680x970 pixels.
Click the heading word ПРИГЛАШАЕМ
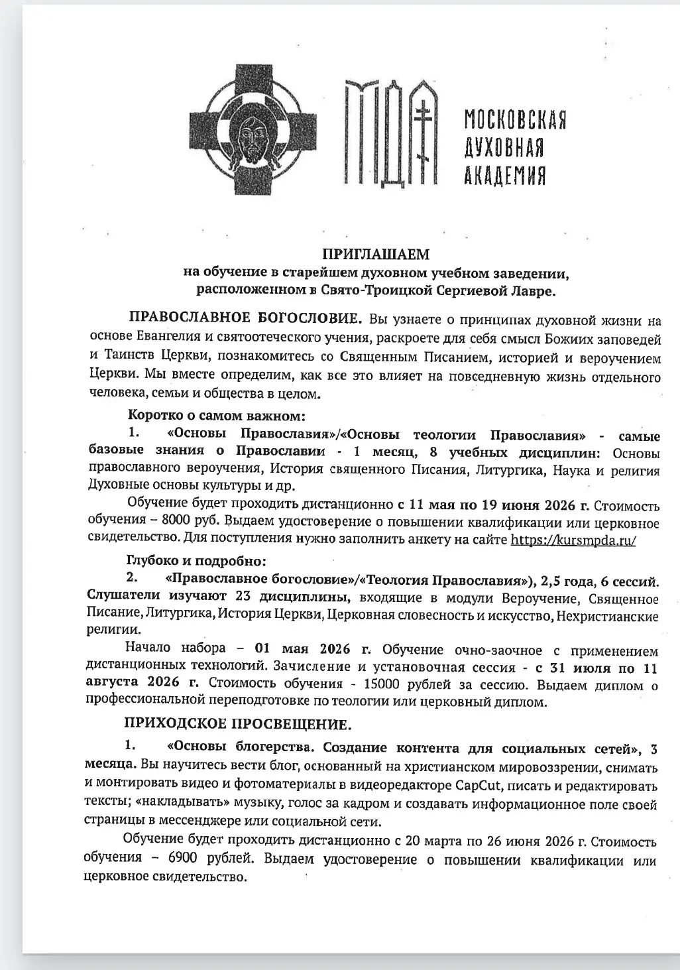(x=376, y=254)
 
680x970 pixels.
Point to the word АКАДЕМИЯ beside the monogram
(x=504, y=176)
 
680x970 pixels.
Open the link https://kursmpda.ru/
(x=573, y=540)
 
